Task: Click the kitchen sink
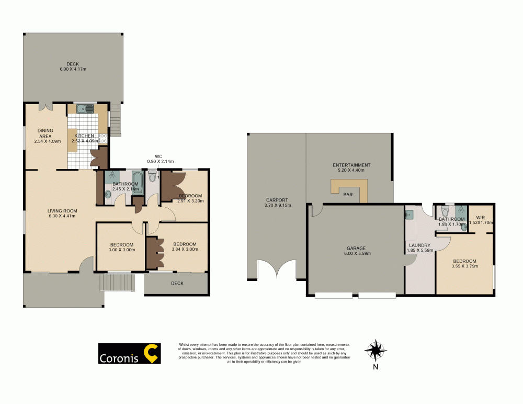coord(85,109)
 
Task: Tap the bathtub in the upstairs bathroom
coord(137,184)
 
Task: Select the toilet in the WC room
coord(152,178)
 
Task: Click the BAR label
coord(348,194)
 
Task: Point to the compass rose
coord(375,349)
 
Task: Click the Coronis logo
coord(130,354)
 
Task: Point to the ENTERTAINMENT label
coord(351,165)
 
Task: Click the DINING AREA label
coord(45,133)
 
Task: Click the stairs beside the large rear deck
coord(115,120)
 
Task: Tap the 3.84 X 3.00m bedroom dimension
coord(185,250)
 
